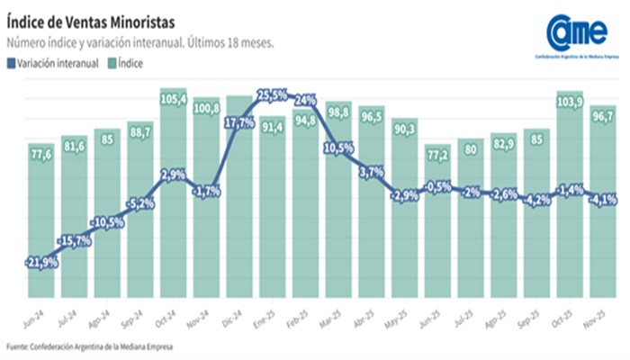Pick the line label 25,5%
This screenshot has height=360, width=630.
coord(273,94)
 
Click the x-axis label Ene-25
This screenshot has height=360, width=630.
coord(273,317)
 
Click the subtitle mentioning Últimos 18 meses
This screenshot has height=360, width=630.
coord(139,42)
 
